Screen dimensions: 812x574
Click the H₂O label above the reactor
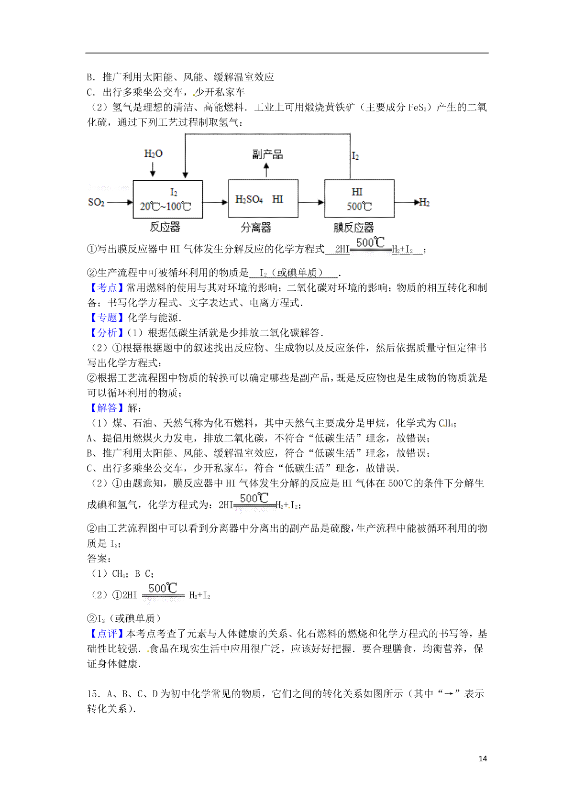pyautogui.click(x=153, y=154)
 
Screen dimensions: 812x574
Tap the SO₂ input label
pyautogui.click(x=96, y=202)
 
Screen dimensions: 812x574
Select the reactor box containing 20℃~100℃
pyautogui.click(x=167, y=199)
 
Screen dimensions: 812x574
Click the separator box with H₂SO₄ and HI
pyautogui.click(x=263, y=199)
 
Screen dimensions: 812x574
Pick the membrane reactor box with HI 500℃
pyautogui.click(x=359, y=199)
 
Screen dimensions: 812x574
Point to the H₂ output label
pyautogui.click(x=424, y=203)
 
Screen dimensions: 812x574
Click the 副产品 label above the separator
pyautogui.click(x=267, y=154)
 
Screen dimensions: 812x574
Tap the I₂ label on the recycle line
pyautogui.click(x=355, y=156)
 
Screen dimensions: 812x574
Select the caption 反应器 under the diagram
pyautogui.click(x=165, y=227)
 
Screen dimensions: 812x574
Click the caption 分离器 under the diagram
pyautogui.click(x=256, y=228)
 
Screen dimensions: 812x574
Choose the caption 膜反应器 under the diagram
pyautogui.click(x=353, y=228)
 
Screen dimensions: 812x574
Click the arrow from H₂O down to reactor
pyautogui.click(x=153, y=169)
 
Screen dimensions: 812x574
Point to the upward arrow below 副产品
pyautogui.click(x=266, y=169)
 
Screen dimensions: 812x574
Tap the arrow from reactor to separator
pyautogui.click(x=215, y=202)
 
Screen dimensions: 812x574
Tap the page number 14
pyautogui.click(x=483, y=758)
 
